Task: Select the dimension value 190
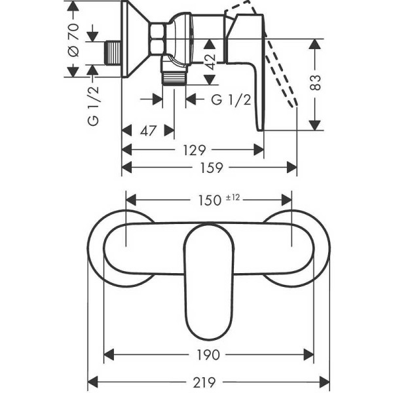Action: [209, 355]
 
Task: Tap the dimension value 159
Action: [209, 168]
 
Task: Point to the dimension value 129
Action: [193, 150]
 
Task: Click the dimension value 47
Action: [148, 131]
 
